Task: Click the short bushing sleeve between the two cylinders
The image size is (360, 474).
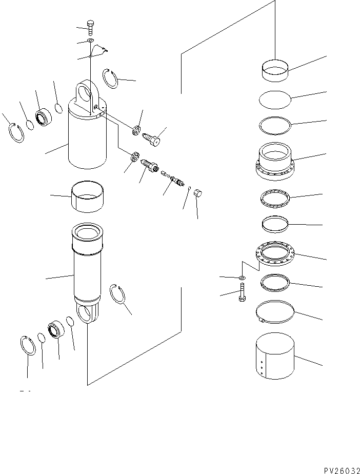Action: point(87,195)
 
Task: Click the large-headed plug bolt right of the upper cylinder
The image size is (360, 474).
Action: point(153,137)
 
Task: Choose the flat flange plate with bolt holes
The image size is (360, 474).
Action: point(275,253)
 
